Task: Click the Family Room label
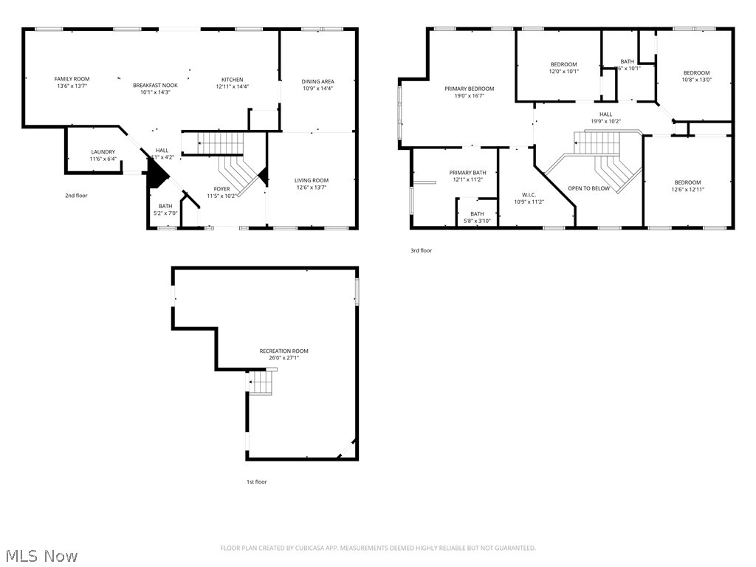point(72,79)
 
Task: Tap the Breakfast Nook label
point(155,85)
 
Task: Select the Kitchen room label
point(233,80)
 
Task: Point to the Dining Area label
point(317,81)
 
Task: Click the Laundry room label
point(103,152)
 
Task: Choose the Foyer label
point(222,189)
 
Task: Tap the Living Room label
point(311,180)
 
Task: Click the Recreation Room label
point(283,351)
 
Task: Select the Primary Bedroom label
point(469,89)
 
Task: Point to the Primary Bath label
point(467,173)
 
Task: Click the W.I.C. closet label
point(528,195)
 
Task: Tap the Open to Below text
point(588,188)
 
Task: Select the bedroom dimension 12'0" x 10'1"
point(563,72)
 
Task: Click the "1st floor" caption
point(256,482)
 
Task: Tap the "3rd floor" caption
point(421,251)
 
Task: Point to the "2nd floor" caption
point(76,196)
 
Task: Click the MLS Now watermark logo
point(41,555)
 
